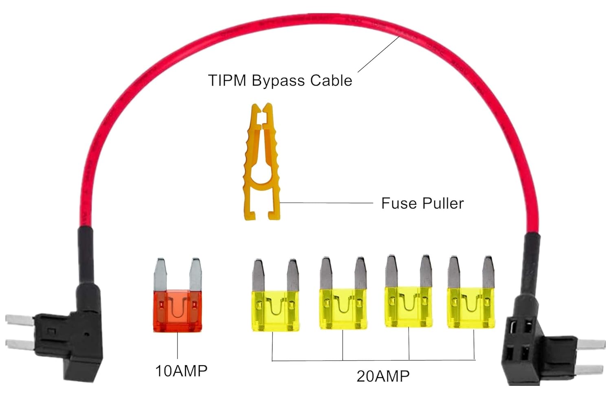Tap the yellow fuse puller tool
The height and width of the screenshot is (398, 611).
[x=261, y=163]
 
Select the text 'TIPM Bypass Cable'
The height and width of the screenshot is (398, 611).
[x=280, y=80]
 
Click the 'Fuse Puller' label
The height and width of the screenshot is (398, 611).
[x=422, y=203]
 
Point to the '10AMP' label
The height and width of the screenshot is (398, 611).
[x=181, y=371]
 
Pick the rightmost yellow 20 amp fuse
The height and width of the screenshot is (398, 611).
[x=471, y=307]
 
